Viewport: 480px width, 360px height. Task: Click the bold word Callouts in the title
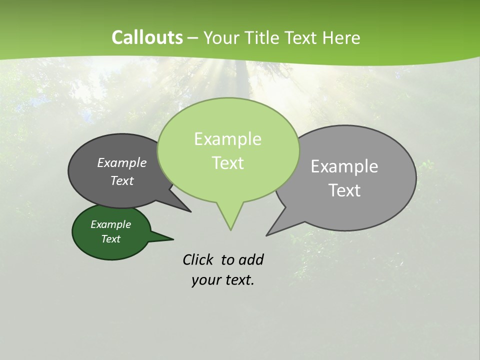147,38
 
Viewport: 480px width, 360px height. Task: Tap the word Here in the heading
341,38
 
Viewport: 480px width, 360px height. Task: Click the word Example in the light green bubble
227,139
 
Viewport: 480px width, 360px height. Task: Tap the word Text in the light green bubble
227,163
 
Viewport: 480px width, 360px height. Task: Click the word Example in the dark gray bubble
122,163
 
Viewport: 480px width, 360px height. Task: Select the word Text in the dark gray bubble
122,180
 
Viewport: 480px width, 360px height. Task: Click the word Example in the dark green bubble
111,224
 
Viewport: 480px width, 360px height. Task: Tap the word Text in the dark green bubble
111,239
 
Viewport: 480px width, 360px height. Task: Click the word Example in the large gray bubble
344,166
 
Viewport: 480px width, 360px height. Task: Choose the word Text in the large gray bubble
344,190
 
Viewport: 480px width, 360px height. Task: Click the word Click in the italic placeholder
198,259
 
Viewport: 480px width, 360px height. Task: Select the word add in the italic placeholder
250,259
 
